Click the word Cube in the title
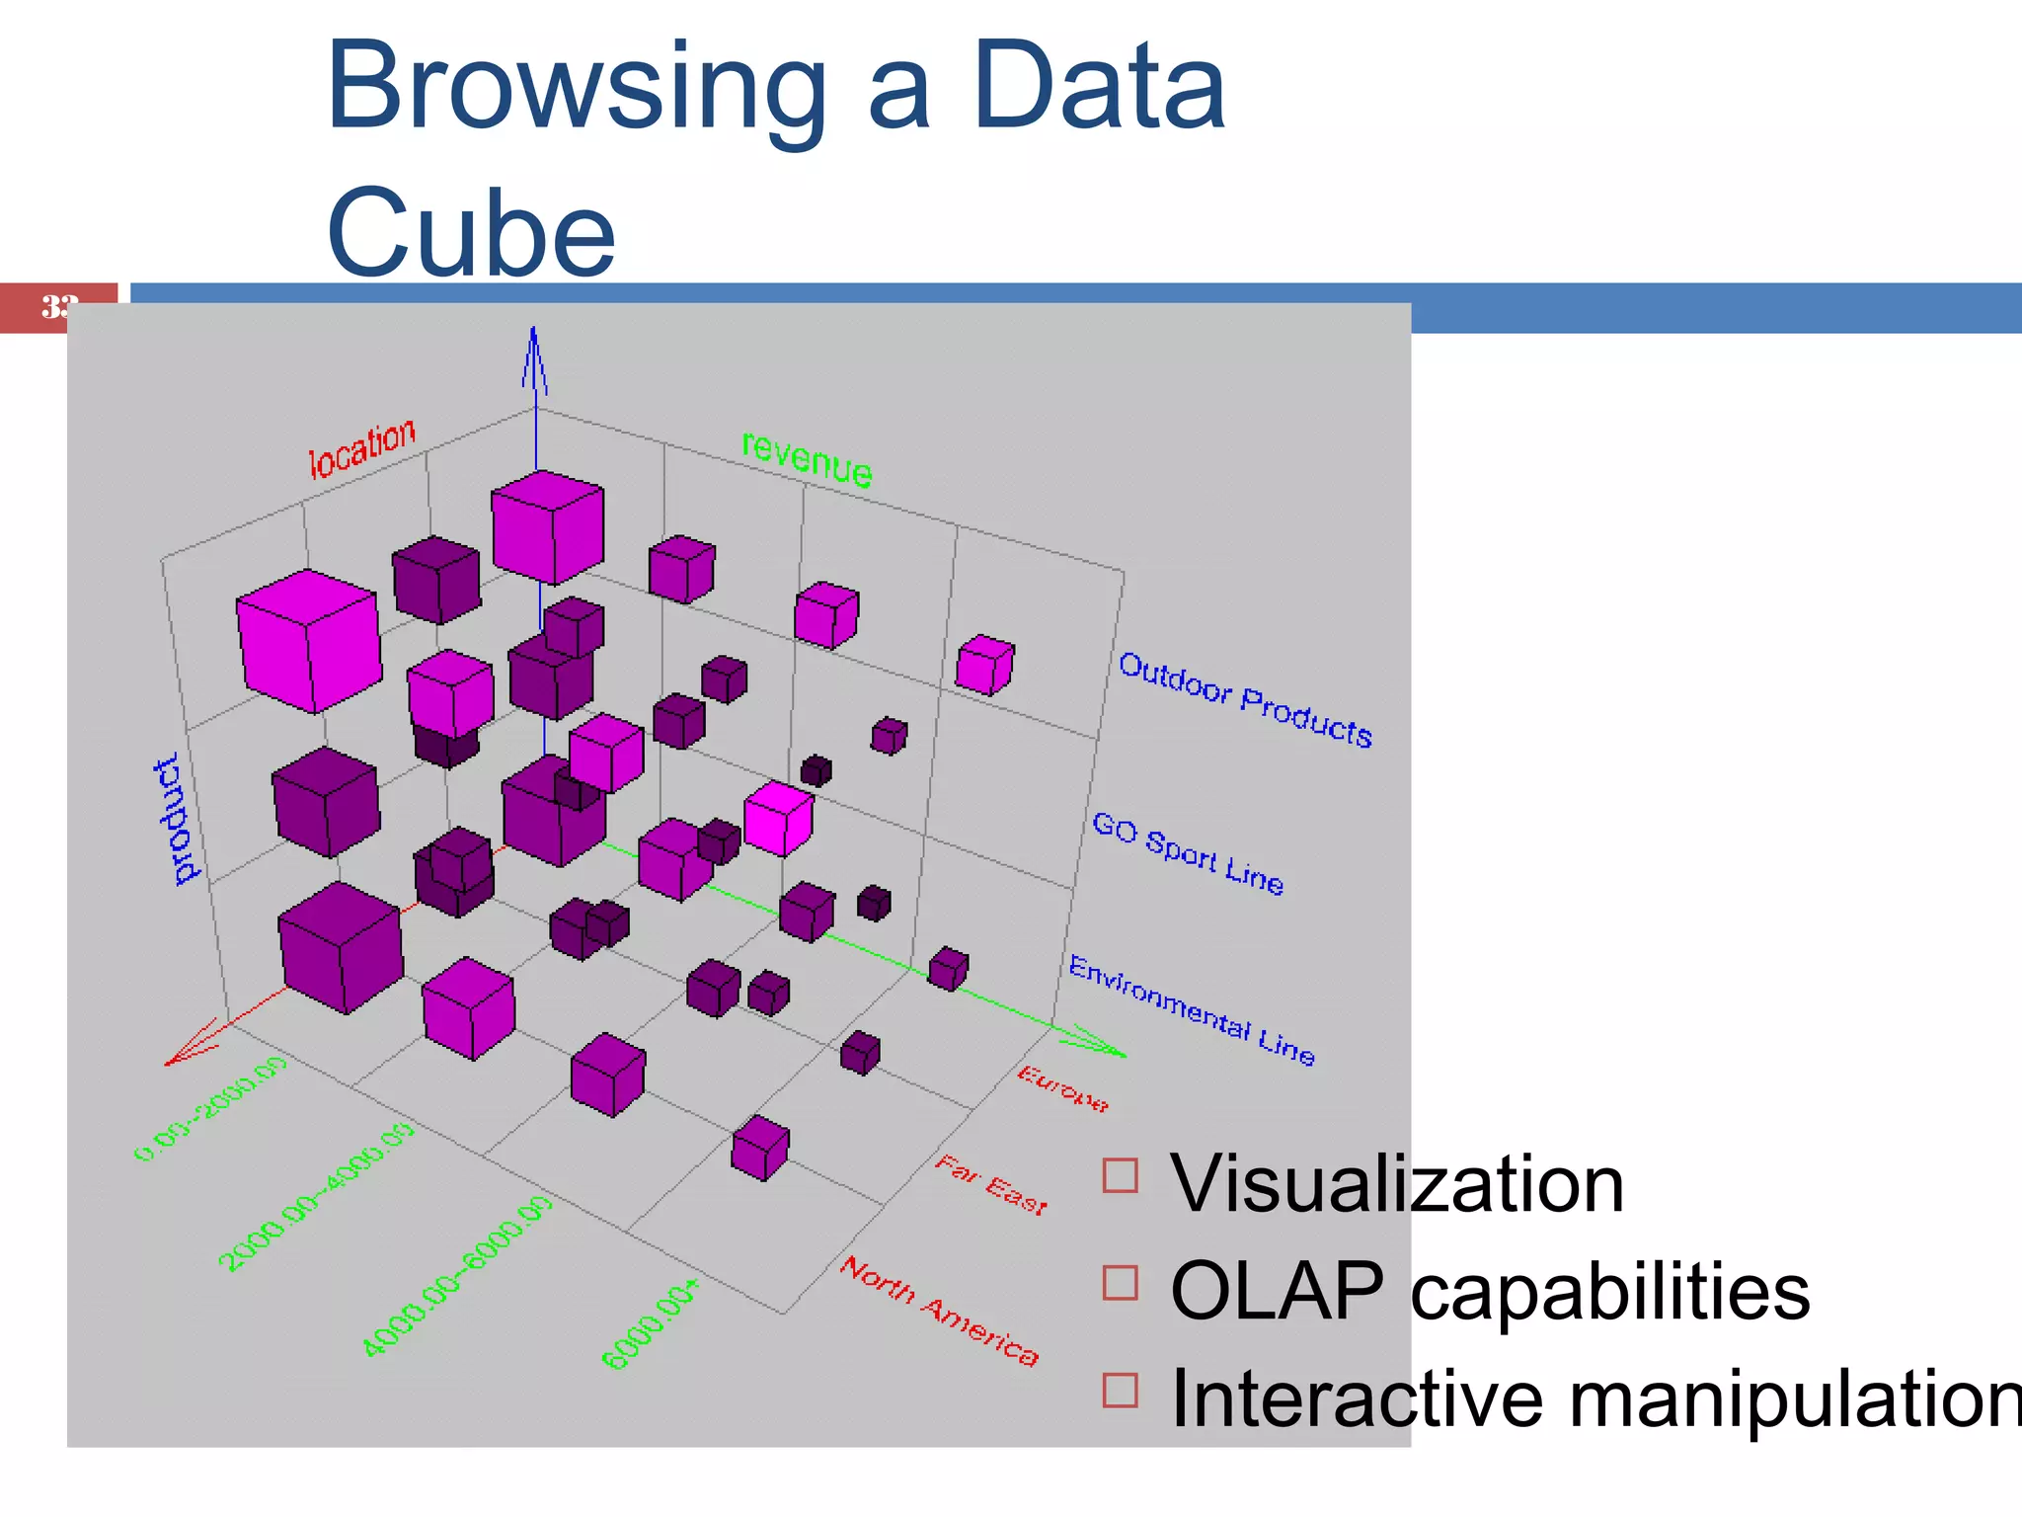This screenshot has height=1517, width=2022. pos(471,235)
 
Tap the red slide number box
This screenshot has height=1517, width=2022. pos(57,307)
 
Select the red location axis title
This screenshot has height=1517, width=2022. pos(362,449)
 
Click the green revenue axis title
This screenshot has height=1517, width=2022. pos(807,459)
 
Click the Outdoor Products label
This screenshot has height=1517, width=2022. pos(1244,700)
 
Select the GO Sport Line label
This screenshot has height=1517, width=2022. pos(1188,853)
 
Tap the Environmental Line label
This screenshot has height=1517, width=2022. pos(1192,1010)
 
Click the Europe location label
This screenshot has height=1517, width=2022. pos(1063,1088)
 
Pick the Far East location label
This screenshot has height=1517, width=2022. pos(990,1184)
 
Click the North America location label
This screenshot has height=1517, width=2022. pos(939,1312)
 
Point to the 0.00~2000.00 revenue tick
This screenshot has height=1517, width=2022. pos(210,1108)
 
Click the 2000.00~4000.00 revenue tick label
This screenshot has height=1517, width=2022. pos(316,1197)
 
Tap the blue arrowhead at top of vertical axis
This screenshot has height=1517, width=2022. pos(534,356)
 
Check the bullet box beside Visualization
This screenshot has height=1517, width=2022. pos(1121,1175)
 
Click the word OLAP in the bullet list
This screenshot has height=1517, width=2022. pos(1277,1291)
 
